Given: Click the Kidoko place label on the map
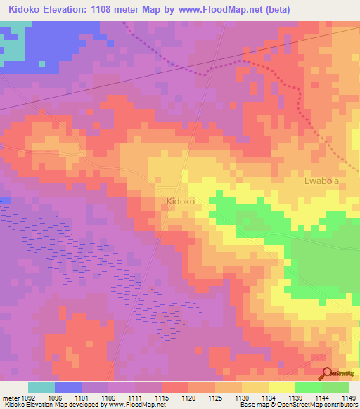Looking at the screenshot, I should [181, 201].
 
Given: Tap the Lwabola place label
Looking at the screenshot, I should [322, 181].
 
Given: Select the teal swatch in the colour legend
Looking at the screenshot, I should [41, 387].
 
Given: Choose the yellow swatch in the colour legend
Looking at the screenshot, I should [281, 387].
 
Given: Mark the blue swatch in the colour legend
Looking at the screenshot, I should [68, 387].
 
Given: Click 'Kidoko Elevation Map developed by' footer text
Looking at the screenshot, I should [48, 405].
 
